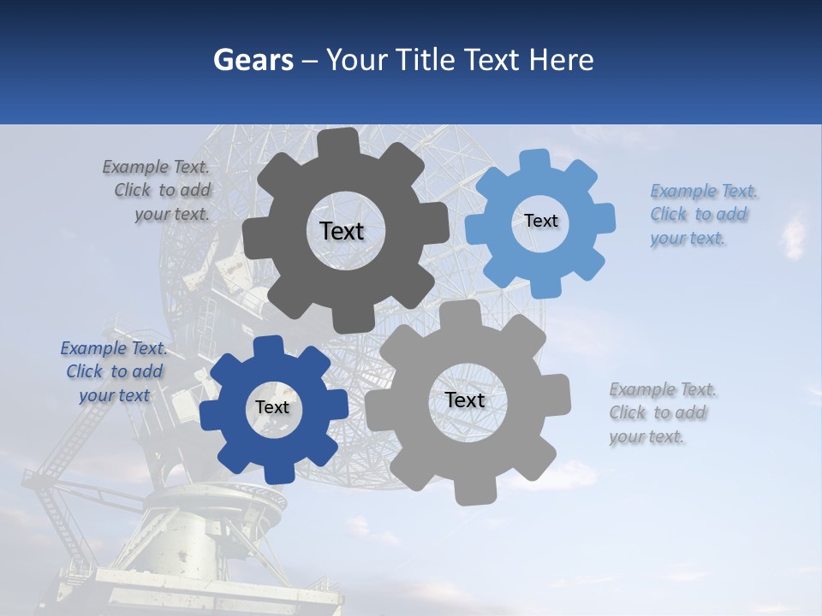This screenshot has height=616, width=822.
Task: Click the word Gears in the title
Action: (x=253, y=60)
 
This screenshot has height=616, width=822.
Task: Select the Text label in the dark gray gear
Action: (x=342, y=231)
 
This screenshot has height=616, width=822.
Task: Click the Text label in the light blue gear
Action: (x=540, y=221)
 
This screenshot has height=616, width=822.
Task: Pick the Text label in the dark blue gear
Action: (x=272, y=408)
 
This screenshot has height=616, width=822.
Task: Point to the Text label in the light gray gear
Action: (x=464, y=400)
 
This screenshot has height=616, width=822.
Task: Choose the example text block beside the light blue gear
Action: (x=702, y=215)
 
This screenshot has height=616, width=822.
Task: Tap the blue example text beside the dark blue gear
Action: (x=114, y=372)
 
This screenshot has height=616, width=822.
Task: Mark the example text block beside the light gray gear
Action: (x=661, y=413)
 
